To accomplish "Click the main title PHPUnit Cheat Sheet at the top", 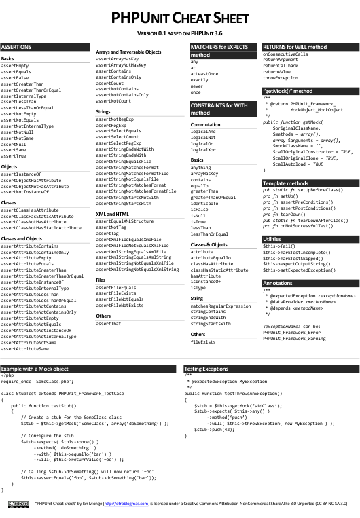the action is click(179, 19).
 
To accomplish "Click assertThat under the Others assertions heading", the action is click(108, 324).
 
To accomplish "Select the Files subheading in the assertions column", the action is click(101, 279).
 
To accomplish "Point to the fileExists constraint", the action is click(203, 342).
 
